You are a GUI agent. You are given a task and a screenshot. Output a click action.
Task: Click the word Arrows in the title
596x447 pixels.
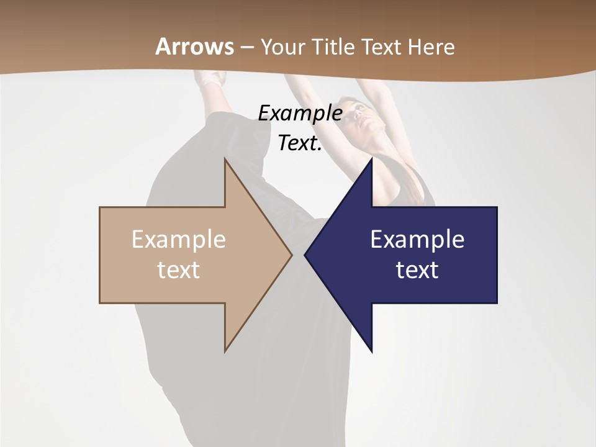coord(195,47)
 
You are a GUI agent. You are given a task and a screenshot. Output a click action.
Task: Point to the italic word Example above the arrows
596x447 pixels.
coord(300,114)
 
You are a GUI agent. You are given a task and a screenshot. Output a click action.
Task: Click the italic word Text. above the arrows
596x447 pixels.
coord(300,143)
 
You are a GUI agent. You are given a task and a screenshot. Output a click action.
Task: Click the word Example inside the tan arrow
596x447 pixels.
coord(179,239)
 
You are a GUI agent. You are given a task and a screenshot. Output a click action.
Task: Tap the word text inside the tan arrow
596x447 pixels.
coord(179,270)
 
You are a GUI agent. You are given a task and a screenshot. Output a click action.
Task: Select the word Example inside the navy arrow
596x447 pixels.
coord(417,239)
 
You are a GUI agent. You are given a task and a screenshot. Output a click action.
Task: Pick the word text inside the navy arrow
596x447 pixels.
coord(417,270)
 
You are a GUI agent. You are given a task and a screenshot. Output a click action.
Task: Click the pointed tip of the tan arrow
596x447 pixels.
coord(291,255)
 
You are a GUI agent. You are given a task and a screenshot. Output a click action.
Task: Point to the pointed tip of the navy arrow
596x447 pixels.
coord(305,255)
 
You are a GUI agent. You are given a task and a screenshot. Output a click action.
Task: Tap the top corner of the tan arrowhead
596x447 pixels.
coord(225,160)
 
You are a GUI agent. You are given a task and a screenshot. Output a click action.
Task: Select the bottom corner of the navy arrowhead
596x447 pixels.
coord(371,351)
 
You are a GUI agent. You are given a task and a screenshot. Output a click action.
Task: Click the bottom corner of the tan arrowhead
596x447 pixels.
coord(225,351)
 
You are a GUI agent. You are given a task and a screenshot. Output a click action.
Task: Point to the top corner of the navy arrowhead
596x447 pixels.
coord(371,160)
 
